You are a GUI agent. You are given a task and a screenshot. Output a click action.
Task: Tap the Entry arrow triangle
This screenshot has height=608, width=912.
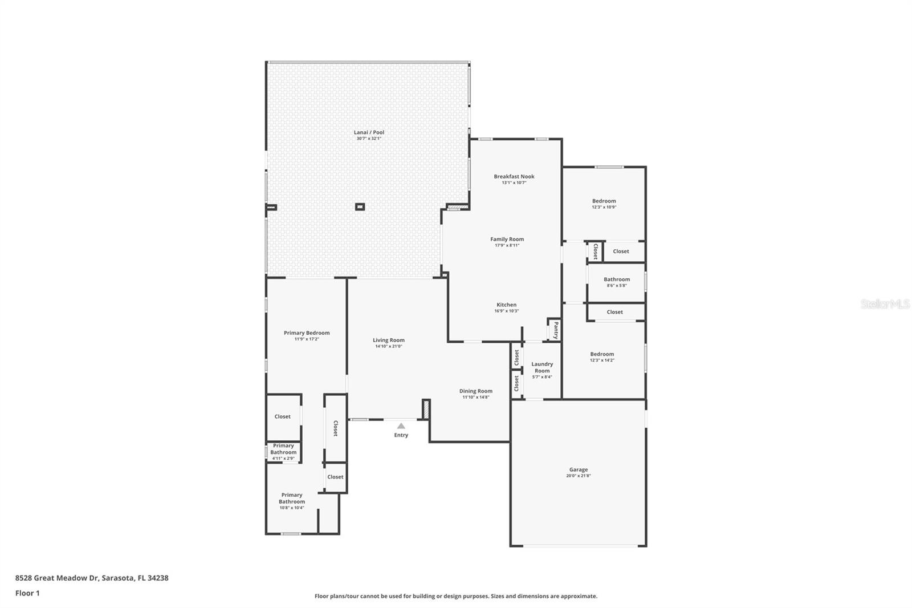[401, 426]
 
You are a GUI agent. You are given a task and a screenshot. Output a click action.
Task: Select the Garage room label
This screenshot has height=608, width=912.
[578, 469]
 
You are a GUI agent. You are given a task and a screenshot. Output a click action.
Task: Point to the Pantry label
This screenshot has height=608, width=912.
[556, 330]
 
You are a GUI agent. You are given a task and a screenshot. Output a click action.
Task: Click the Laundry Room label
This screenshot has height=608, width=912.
[542, 367]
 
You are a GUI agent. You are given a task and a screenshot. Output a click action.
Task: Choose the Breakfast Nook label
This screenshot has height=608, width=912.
[514, 176]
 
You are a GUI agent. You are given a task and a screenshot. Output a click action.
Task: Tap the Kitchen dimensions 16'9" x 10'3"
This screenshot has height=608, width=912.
[506, 311]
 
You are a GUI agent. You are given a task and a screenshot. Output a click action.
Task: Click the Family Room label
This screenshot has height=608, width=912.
[507, 239]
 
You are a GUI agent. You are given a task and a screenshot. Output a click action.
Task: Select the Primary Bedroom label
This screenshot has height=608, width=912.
[307, 333]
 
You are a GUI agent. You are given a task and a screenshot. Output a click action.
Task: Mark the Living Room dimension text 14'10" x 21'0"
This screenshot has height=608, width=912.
[388, 346]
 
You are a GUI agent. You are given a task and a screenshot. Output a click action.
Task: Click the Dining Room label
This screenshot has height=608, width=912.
[475, 391]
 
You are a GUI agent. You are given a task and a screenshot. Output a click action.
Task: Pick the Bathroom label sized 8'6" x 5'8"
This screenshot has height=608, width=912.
[616, 279]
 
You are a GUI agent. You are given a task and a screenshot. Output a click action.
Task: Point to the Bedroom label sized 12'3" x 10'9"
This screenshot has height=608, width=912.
[604, 201]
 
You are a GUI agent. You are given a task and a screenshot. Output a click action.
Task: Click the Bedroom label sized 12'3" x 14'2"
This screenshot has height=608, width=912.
[602, 354]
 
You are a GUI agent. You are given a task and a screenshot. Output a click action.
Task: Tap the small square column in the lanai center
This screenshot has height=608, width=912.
[360, 206]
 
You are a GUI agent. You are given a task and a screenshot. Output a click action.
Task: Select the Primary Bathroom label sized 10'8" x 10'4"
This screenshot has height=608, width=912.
[291, 498]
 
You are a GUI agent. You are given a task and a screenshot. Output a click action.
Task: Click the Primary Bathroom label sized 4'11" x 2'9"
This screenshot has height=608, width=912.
[283, 449]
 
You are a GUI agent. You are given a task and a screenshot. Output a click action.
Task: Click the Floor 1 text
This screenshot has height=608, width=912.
[27, 593]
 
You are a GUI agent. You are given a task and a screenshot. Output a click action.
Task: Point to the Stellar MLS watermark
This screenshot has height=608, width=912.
[885, 304]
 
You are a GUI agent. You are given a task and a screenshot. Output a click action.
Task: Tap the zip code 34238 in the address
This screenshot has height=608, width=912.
[158, 578]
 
